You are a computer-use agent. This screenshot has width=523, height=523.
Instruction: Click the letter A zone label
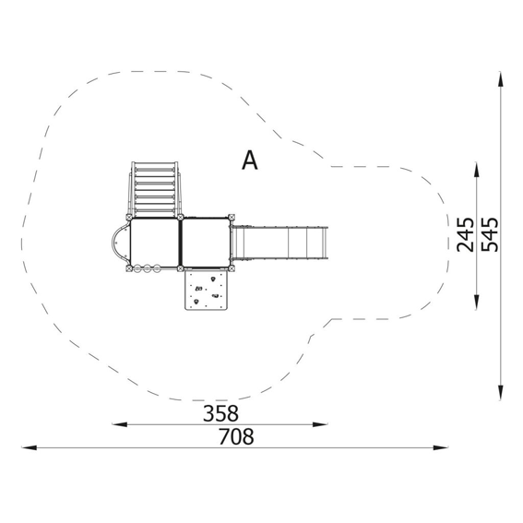click(x=249, y=160)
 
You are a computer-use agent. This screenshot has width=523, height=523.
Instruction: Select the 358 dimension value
click(x=220, y=413)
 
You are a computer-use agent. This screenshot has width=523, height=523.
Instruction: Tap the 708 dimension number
click(x=236, y=436)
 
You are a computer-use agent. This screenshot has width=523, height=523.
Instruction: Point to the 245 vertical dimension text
click(x=465, y=234)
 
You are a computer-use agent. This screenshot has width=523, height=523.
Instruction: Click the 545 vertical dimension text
click(x=490, y=234)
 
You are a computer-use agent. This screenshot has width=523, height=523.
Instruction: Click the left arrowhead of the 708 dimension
click(x=29, y=447)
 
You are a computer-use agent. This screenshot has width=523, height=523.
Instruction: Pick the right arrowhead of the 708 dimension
click(x=441, y=447)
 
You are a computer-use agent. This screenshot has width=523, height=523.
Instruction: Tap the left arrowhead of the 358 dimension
click(x=119, y=424)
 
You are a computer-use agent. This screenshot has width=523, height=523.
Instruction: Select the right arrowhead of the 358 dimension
click(x=320, y=424)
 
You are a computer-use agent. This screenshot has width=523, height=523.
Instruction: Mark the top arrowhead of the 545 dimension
click(x=500, y=79)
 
